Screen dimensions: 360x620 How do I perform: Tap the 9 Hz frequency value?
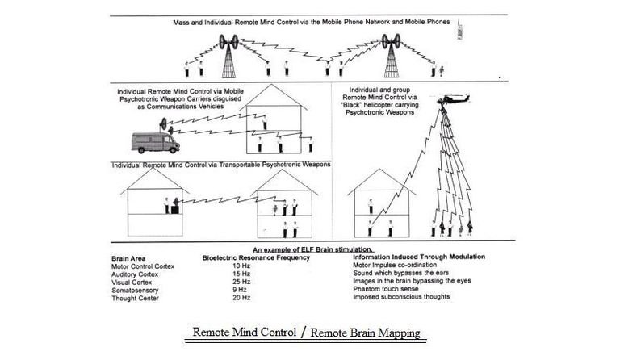click(238, 290)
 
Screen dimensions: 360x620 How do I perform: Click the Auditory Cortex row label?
click(132, 274)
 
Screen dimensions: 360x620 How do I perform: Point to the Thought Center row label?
click(131, 298)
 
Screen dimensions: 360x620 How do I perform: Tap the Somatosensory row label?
click(132, 290)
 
